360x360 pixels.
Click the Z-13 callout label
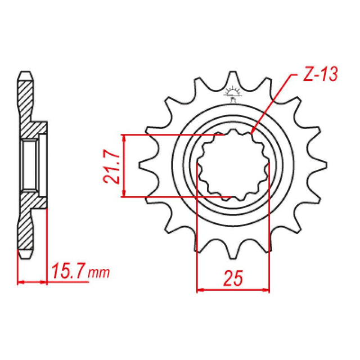[316, 78]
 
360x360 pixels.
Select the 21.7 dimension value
[111, 166]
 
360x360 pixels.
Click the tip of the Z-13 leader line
[253, 131]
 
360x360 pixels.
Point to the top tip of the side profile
[26, 73]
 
